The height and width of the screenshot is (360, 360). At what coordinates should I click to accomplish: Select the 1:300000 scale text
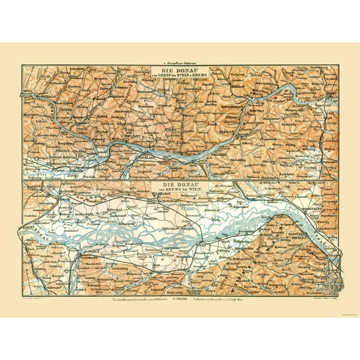180,300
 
